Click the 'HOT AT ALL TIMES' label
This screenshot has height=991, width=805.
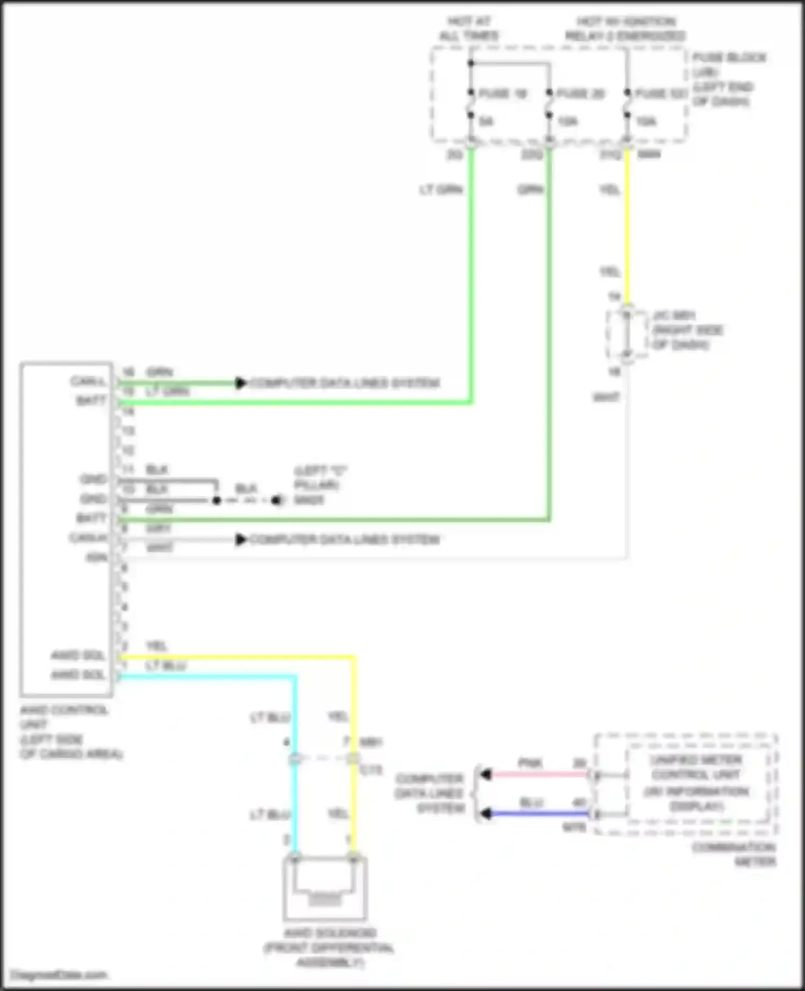click(469, 29)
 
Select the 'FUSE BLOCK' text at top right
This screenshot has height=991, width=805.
click(729, 57)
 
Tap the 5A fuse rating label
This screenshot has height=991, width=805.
click(486, 121)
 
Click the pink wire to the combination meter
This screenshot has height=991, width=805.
click(537, 775)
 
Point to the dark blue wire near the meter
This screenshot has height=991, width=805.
click(537, 814)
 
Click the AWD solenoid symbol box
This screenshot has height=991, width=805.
click(325, 888)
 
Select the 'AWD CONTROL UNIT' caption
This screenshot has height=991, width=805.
click(64, 717)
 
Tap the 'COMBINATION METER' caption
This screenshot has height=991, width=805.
click(734, 854)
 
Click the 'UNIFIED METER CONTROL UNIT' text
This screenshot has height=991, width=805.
click(696, 767)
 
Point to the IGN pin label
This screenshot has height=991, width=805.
click(97, 558)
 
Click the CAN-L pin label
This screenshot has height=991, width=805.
click(88, 382)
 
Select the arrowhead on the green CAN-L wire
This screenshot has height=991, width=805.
click(241, 383)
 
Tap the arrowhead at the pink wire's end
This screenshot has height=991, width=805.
click(486, 775)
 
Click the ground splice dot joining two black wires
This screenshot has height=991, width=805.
click(216, 500)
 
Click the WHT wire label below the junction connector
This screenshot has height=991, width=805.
click(606, 397)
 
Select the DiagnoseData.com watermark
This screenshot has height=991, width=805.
click(59, 975)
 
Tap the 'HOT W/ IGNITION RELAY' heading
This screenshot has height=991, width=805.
click(626, 29)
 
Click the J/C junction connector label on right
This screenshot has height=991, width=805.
click(687, 330)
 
